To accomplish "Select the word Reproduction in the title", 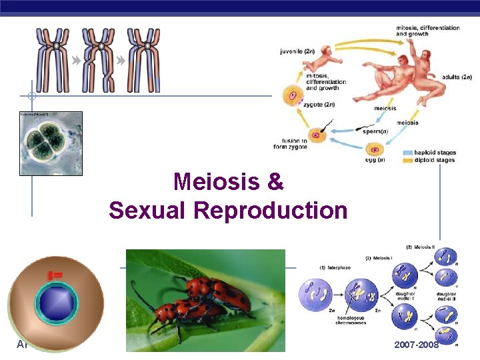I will pyautogui.click(x=271, y=211).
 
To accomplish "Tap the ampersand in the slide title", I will pyautogui.click(x=276, y=181).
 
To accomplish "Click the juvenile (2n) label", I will pyautogui.click(x=297, y=49).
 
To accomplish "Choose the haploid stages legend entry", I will pyautogui.click(x=437, y=153).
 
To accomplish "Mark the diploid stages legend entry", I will pyautogui.click(x=437, y=160).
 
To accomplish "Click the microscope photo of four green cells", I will pyautogui.click(x=51, y=143).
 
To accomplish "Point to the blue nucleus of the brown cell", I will pyautogui.click(x=56, y=302).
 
